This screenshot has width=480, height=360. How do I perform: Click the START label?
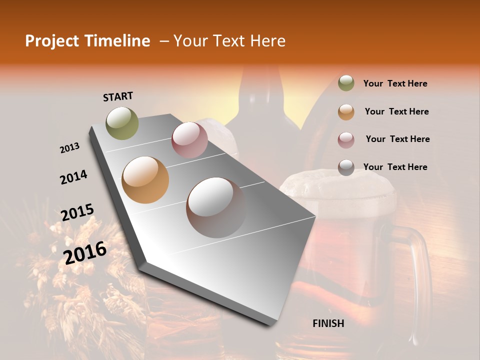(118, 96)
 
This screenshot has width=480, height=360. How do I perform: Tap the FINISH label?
(328, 323)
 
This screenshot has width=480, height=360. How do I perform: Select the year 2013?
(69, 148)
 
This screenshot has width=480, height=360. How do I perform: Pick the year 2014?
(73, 177)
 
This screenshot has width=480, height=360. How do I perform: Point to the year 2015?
(77, 212)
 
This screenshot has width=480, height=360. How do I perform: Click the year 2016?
(84, 252)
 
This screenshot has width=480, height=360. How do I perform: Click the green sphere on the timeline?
(122, 123)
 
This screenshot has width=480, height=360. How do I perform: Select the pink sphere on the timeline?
(189, 140)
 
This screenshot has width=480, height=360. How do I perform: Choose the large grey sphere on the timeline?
(216, 207)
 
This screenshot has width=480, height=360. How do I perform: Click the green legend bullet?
(346, 83)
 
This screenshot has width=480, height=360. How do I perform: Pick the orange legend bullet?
(346, 112)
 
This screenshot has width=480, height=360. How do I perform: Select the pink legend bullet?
(346, 140)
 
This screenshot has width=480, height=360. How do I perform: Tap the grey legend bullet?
(346, 167)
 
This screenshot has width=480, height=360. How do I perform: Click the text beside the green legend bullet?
(395, 83)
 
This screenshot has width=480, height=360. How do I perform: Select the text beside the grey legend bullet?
(395, 167)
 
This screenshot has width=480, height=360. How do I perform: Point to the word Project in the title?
(51, 41)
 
